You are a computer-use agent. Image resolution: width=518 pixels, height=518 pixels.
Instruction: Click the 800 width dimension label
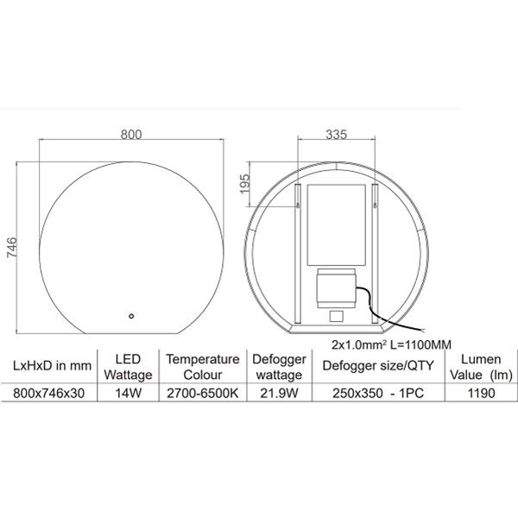pyautogui.click(x=131, y=135)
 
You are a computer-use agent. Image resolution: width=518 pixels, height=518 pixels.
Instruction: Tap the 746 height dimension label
pyautogui.click(x=12, y=247)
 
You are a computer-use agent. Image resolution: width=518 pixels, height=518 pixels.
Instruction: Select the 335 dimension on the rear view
pyautogui.click(x=337, y=135)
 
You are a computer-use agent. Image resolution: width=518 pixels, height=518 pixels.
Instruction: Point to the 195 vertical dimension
pyautogui.click(x=245, y=184)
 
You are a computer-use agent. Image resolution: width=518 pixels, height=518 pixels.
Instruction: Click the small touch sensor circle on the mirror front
pyautogui.click(x=131, y=316)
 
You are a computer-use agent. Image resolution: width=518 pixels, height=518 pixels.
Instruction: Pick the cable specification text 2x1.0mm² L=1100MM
pyautogui.click(x=391, y=344)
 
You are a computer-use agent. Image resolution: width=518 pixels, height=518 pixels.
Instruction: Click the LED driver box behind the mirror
pyautogui.click(x=337, y=288)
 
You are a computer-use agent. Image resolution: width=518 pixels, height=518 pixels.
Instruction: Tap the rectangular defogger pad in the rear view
pyautogui.click(x=337, y=225)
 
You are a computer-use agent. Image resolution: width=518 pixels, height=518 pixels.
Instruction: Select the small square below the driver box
pyautogui.click(x=337, y=317)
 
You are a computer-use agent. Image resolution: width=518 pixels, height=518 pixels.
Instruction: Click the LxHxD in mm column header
pyautogui.click(x=52, y=366)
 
